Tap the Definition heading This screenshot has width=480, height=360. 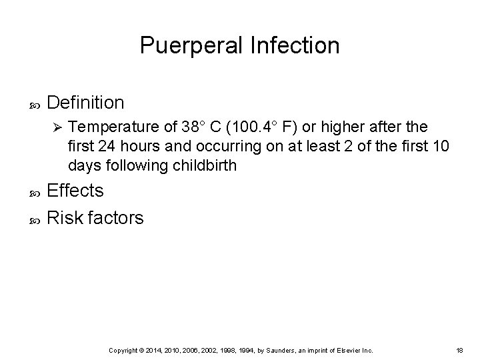tap(86, 103)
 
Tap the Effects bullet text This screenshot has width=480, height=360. tap(76, 191)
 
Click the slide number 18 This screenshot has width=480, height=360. tap(459, 350)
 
